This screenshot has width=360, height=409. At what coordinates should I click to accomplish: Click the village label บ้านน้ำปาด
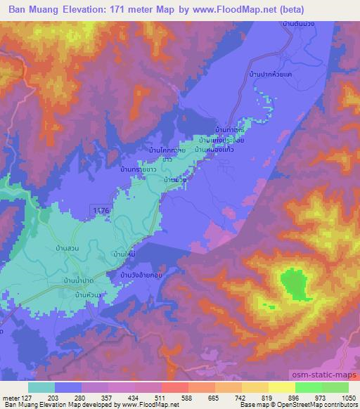coord(79,280)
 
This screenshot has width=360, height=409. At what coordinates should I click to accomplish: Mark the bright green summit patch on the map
coord(296,285)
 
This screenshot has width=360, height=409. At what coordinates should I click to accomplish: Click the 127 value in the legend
coord(25,397)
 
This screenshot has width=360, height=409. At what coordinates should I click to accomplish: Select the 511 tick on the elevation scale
coord(161,397)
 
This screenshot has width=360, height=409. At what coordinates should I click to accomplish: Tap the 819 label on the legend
coord(268,397)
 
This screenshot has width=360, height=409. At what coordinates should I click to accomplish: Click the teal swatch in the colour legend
coord(41,387)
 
